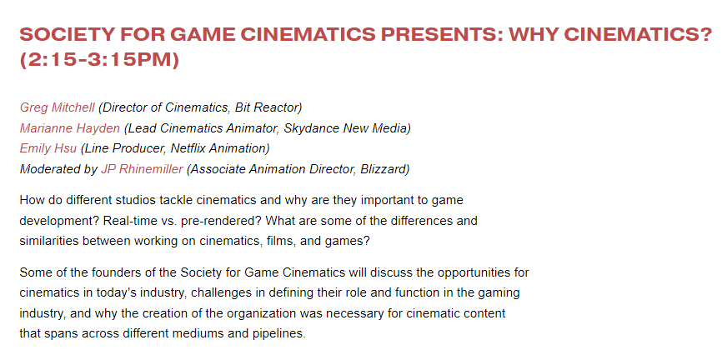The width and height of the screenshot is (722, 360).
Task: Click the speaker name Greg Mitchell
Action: pos(57,107)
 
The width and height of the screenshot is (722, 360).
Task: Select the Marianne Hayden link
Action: pos(70,128)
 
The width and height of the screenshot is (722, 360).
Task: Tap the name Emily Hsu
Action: pos(48,149)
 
